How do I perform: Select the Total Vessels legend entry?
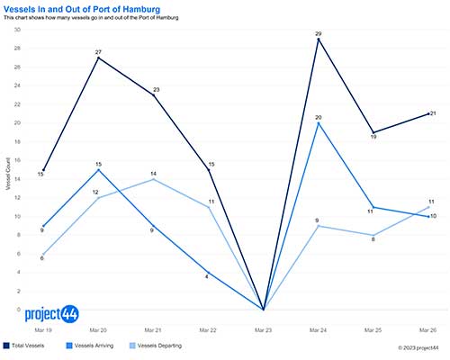click(x=30, y=345)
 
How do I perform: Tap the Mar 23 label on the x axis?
click(x=263, y=329)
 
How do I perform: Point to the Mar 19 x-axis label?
click(x=42, y=329)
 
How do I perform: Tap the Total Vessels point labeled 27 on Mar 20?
click(x=98, y=58)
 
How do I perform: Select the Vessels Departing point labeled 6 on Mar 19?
click(x=42, y=254)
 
